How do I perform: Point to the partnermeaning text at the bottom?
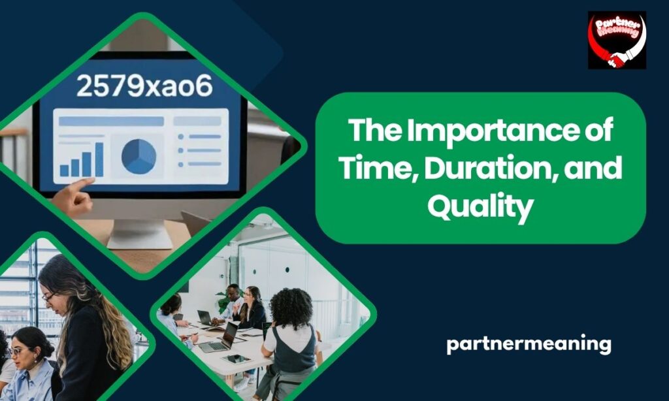point(529,344)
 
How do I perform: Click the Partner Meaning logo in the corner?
point(616,40)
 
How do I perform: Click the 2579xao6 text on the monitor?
point(145,86)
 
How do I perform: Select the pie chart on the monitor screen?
point(139,157)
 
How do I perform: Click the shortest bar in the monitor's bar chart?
point(65,170)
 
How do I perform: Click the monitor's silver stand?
point(139,232)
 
